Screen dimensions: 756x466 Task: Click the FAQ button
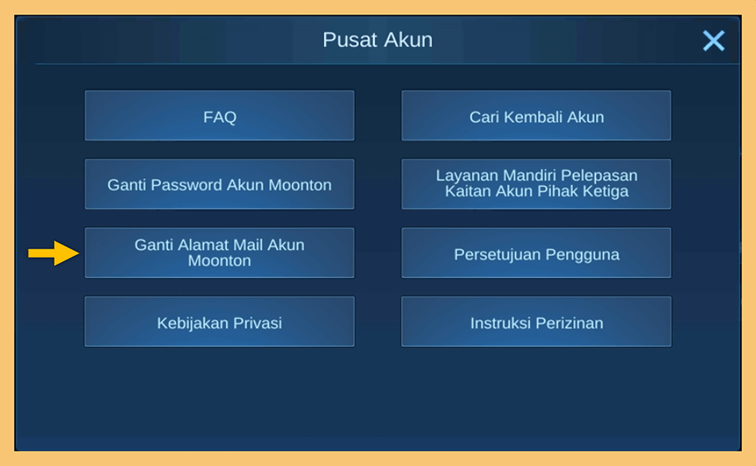tap(220, 116)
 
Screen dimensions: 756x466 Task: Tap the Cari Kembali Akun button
tap(536, 116)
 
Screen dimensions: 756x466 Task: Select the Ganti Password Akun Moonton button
tap(220, 184)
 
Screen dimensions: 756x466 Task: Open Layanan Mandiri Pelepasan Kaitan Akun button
tap(536, 184)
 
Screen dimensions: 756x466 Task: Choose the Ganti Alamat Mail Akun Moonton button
tap(220, 253)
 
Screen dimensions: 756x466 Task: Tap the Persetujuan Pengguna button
tap(536, 253)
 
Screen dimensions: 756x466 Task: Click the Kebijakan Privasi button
tap(220, 322)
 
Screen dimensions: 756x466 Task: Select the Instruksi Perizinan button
tap(536, 322)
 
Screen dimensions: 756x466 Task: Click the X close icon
tap(714, 41)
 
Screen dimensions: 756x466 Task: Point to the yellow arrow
tap(53, 253)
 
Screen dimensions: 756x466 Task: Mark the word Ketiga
tap(605, 191)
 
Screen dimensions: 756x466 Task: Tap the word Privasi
tap(258, 323)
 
